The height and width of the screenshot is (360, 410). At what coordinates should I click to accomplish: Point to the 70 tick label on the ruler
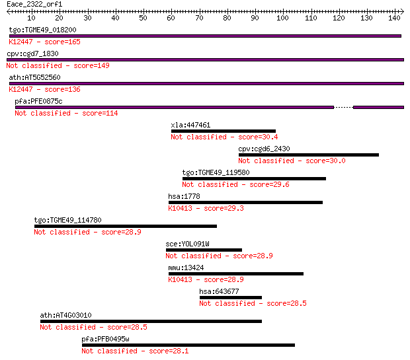tap(199, 18)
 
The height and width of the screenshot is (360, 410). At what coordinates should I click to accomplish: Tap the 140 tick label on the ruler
tap(394, 18)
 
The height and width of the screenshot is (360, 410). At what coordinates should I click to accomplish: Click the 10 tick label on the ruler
tap(31, 18)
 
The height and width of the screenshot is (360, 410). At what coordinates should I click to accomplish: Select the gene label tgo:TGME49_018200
tap(42, 30)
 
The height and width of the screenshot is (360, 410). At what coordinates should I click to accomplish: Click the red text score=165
tap(63, 42)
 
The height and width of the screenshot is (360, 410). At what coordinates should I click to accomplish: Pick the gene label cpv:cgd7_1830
tap(32, 54)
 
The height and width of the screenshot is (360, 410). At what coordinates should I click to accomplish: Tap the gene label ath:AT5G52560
tap(35, 77)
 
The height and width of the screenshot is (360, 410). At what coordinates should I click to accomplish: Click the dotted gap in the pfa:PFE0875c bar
tap(343, 108)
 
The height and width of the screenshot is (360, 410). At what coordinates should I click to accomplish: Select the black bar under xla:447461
tap(224, 131)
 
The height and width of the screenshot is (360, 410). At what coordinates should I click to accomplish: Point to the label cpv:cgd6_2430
tap(264, 149)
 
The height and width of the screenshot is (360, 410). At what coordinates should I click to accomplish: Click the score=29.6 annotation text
tap(269, 185)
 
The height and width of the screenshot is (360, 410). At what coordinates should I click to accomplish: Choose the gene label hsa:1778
tap(184, 196)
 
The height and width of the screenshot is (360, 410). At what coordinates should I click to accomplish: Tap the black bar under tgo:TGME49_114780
tap(126, 227)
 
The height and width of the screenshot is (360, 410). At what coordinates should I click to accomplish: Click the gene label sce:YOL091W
tap(188, 244)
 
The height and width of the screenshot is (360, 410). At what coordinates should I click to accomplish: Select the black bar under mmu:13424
tap(236, 273)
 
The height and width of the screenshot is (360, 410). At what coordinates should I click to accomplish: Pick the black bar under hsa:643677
tap(231, 297)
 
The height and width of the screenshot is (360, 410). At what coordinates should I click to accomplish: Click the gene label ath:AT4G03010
tap(66, 315)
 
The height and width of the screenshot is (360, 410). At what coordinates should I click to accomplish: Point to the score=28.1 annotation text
tap(169, 351)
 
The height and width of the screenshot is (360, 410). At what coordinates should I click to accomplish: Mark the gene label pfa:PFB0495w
tap(105, 339)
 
